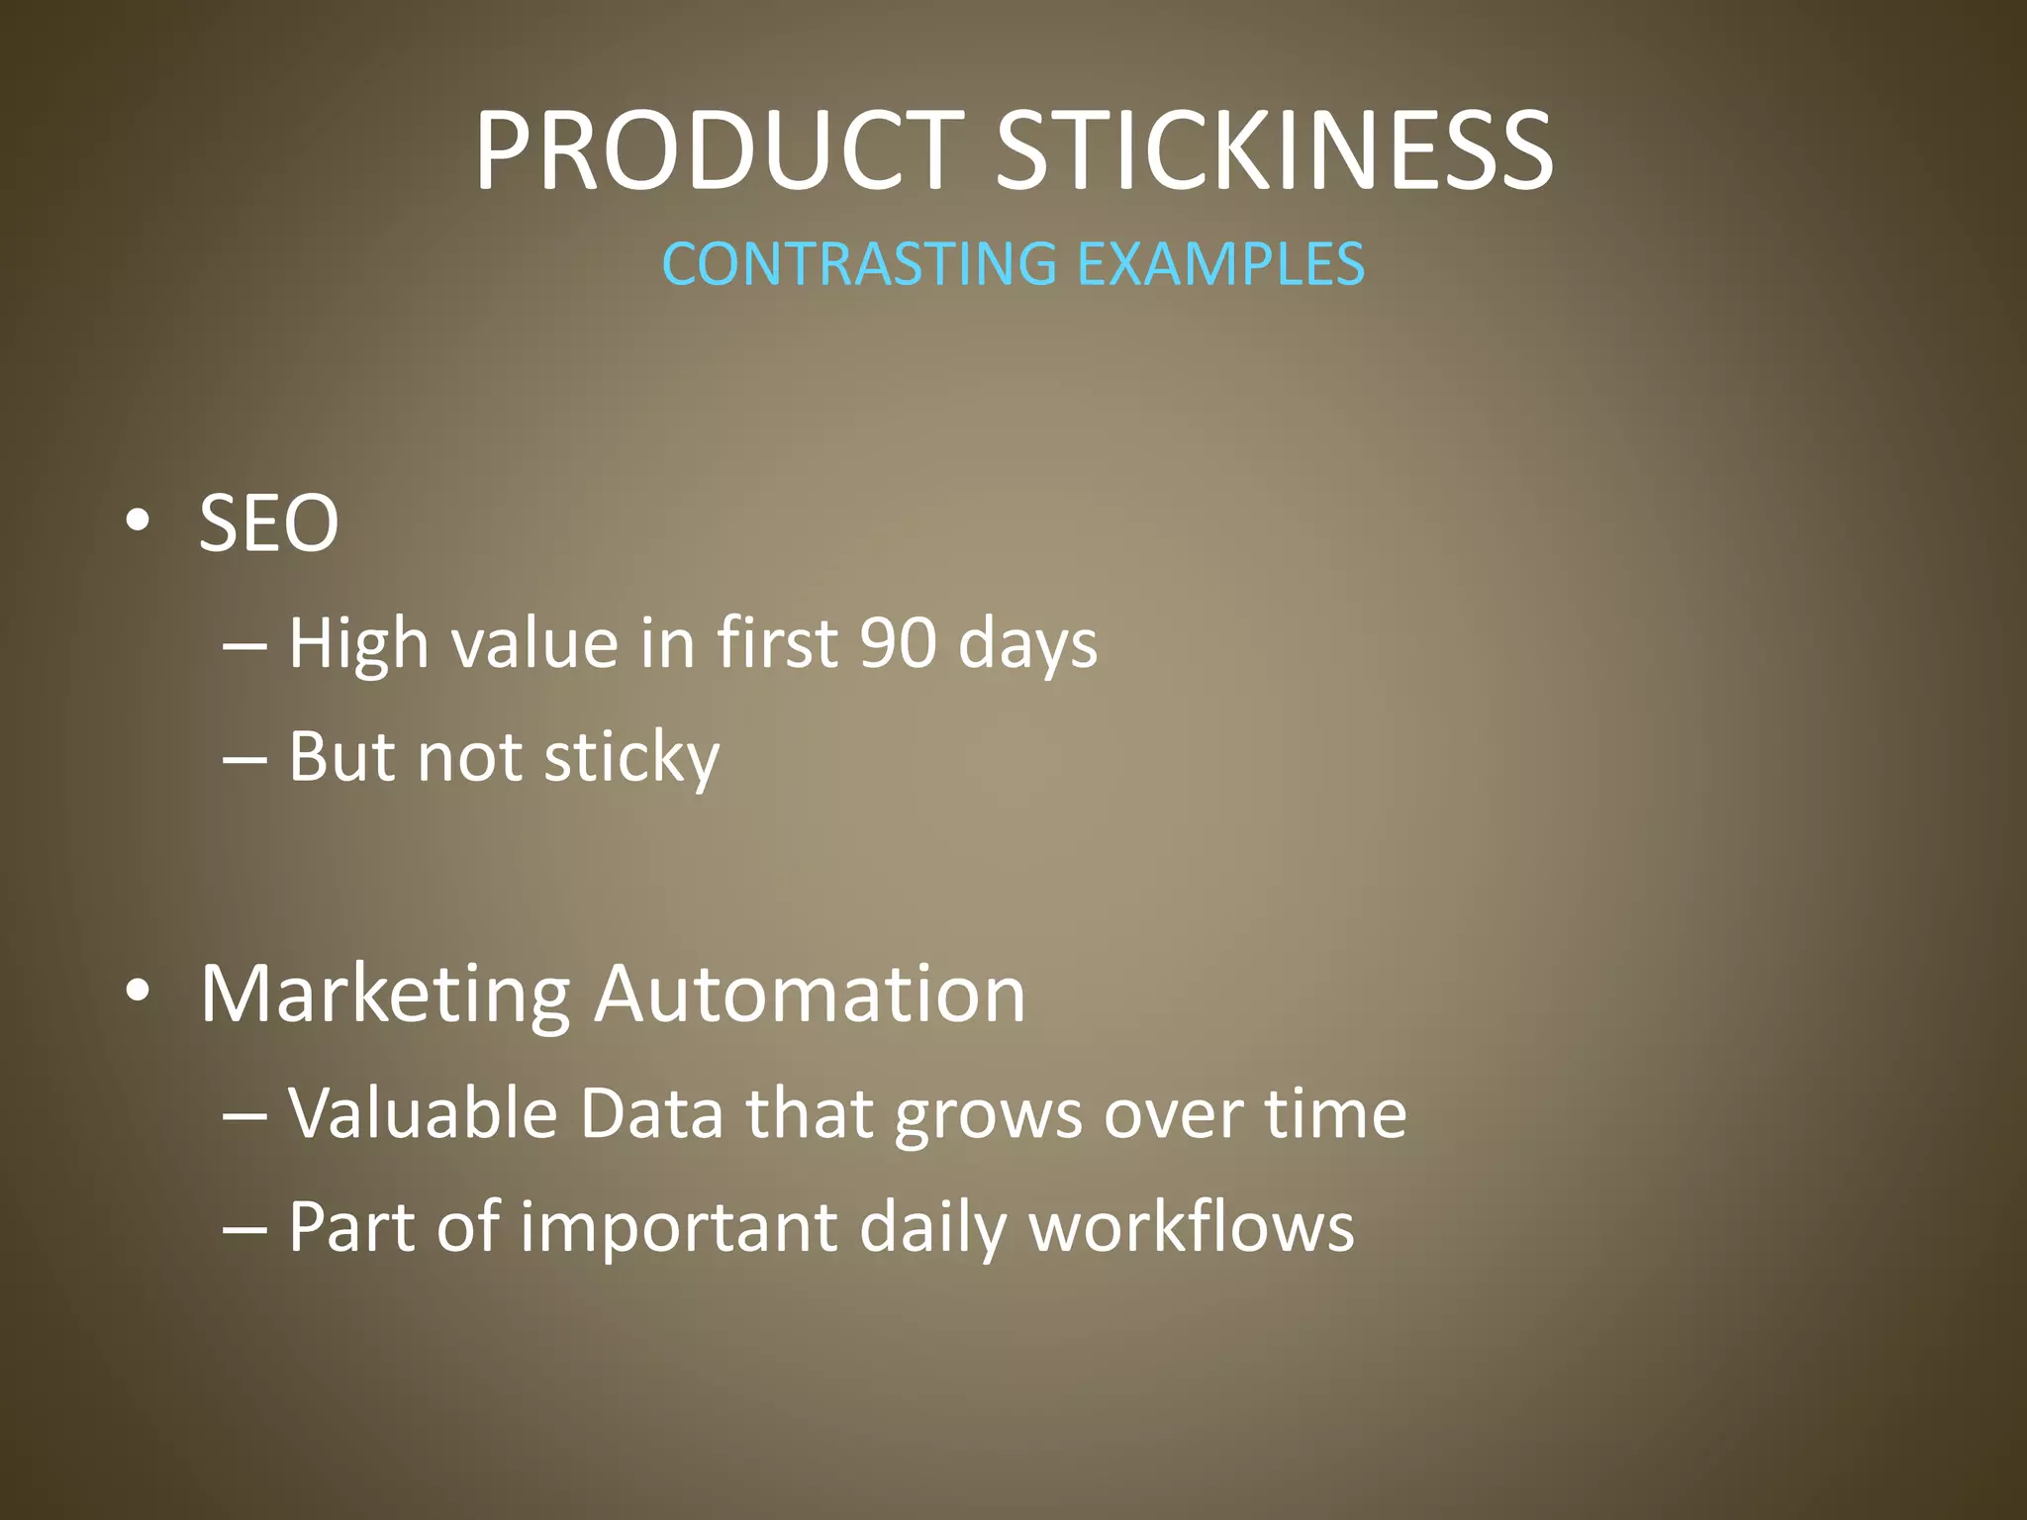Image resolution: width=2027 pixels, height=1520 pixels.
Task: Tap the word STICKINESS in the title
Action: point(1274,151)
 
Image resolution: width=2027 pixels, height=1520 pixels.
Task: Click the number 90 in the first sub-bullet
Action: point(897,643)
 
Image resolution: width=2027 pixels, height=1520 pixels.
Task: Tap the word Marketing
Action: point(385,995)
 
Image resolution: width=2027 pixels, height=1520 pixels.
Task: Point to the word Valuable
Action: point(423,1113)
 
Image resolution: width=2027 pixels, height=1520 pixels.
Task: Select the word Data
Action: point(651,1113)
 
